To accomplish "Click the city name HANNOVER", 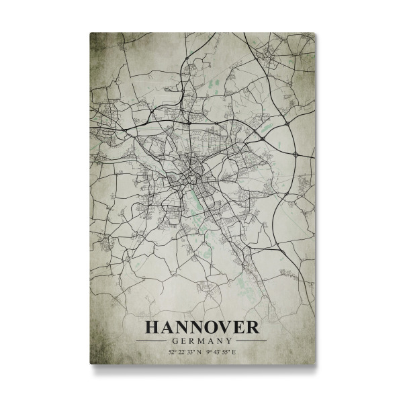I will (x=201, y=327).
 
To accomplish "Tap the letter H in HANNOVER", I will (x=152, y=327).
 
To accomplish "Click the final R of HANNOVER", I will (x=251, y=327).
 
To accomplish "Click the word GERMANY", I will (x=201, y=341).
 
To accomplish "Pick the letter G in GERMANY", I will (x=175, y=341).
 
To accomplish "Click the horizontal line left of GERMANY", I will (x=152, y=341).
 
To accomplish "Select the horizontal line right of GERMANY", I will (x=250, y=341).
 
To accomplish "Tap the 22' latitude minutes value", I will (x=182, y=352).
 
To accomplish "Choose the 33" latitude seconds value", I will (x=191, y=352).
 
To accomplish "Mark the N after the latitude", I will (x=200, y=352).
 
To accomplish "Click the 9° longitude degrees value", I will (x=209, y=352).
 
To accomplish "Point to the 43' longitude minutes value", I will (x=216, y=352).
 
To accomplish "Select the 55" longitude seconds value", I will (x=226, y=352).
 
